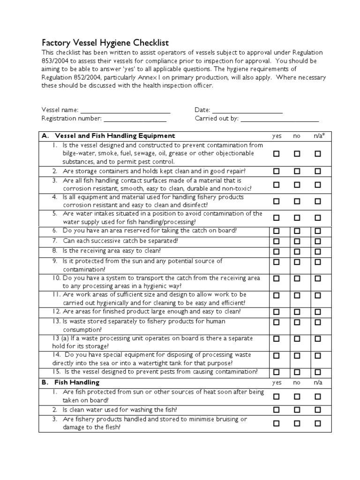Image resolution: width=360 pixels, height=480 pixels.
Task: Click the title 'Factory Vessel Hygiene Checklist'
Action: [x=105, y=42]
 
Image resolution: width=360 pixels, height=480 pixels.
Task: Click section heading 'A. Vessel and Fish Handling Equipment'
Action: [x=108, y=135]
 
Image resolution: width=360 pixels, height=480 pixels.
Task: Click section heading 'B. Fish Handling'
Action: [x=70, y=382]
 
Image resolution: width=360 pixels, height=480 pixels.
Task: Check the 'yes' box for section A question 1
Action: [x=277, y=153]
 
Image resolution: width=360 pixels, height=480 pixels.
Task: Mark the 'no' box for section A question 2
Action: [x=297, y=171]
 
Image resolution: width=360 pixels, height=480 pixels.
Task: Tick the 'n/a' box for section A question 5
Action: [x=318, y=217]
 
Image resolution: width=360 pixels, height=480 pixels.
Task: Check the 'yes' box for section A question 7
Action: [x=277, y=241]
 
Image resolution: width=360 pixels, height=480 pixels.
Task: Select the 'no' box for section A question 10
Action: [x=297, y=278]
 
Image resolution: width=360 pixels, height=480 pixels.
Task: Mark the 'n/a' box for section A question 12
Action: [x=318, y=311]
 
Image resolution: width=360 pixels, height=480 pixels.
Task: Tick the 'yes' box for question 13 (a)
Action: [x=277, y=338]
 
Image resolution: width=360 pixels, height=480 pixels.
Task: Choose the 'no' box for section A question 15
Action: [x=297, y=372]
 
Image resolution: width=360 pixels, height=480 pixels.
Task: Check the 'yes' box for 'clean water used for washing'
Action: [x=277, y=409]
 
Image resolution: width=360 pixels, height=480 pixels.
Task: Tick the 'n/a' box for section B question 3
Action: [x=318, y=423]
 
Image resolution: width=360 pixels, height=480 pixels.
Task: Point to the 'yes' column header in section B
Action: [x=277, y=382]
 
